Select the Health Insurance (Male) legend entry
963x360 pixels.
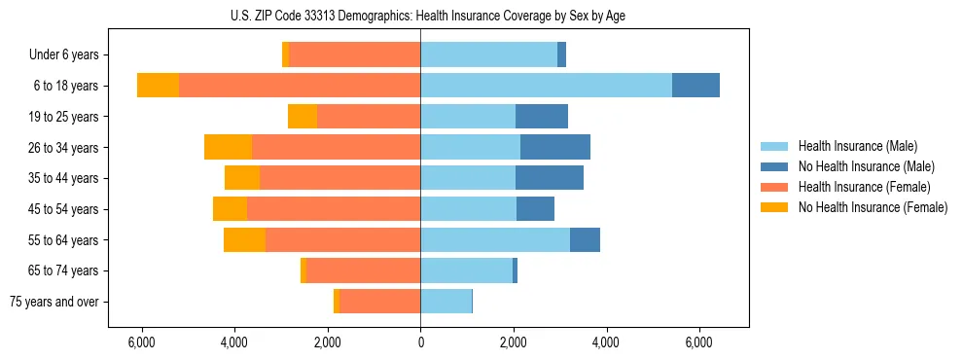coord(857,146)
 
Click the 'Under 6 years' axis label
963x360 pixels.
coord(64,55)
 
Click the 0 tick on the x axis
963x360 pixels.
coord(420,342)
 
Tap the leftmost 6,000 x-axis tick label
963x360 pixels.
coord(142,342)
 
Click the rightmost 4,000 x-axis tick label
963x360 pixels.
coord(606,342)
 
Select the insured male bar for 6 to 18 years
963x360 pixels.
coord(546,86)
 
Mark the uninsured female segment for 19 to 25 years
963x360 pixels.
coord(303,117)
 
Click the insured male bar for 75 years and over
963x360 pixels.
coord(446,302)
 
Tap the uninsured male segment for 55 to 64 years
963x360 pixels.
coord(585,239)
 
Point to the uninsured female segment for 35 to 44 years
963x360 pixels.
coord(242,178)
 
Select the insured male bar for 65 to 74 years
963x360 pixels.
coord(466,270)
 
